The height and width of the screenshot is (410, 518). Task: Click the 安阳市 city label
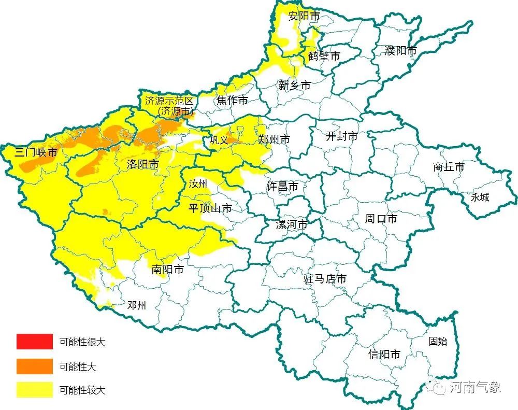click(x=304, y=16)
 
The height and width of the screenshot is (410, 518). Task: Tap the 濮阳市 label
click(x=401, y=51)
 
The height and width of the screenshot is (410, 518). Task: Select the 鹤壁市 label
click(x=324, y=55)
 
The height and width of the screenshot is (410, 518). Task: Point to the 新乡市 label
click(x=294, y=86)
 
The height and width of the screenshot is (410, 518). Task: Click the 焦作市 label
click(x=232, y=101)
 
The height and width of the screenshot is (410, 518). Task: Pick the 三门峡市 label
click(x=36, y=152)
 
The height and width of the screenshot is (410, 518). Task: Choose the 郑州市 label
click(x=274, y=139)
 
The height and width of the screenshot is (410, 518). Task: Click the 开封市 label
click(x=342, y=136)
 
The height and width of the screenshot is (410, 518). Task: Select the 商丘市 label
click(x=449, y=167)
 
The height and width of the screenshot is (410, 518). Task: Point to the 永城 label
click(x=480, y=197)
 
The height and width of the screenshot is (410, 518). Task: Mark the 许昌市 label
click(x=282, y=187)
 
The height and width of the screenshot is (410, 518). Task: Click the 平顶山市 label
click(x=210, y=208)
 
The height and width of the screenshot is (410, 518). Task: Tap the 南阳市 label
click(x=168, y=270)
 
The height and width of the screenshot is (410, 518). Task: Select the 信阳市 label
click(x=384, y=355)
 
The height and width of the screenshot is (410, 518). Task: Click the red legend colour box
click(x=35, y=342)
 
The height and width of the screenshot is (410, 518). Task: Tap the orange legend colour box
click(x=35, y=366)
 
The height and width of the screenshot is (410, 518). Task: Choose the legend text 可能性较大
click(x=82, y=390)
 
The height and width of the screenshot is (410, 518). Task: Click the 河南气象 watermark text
click(x=474, y=387)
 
